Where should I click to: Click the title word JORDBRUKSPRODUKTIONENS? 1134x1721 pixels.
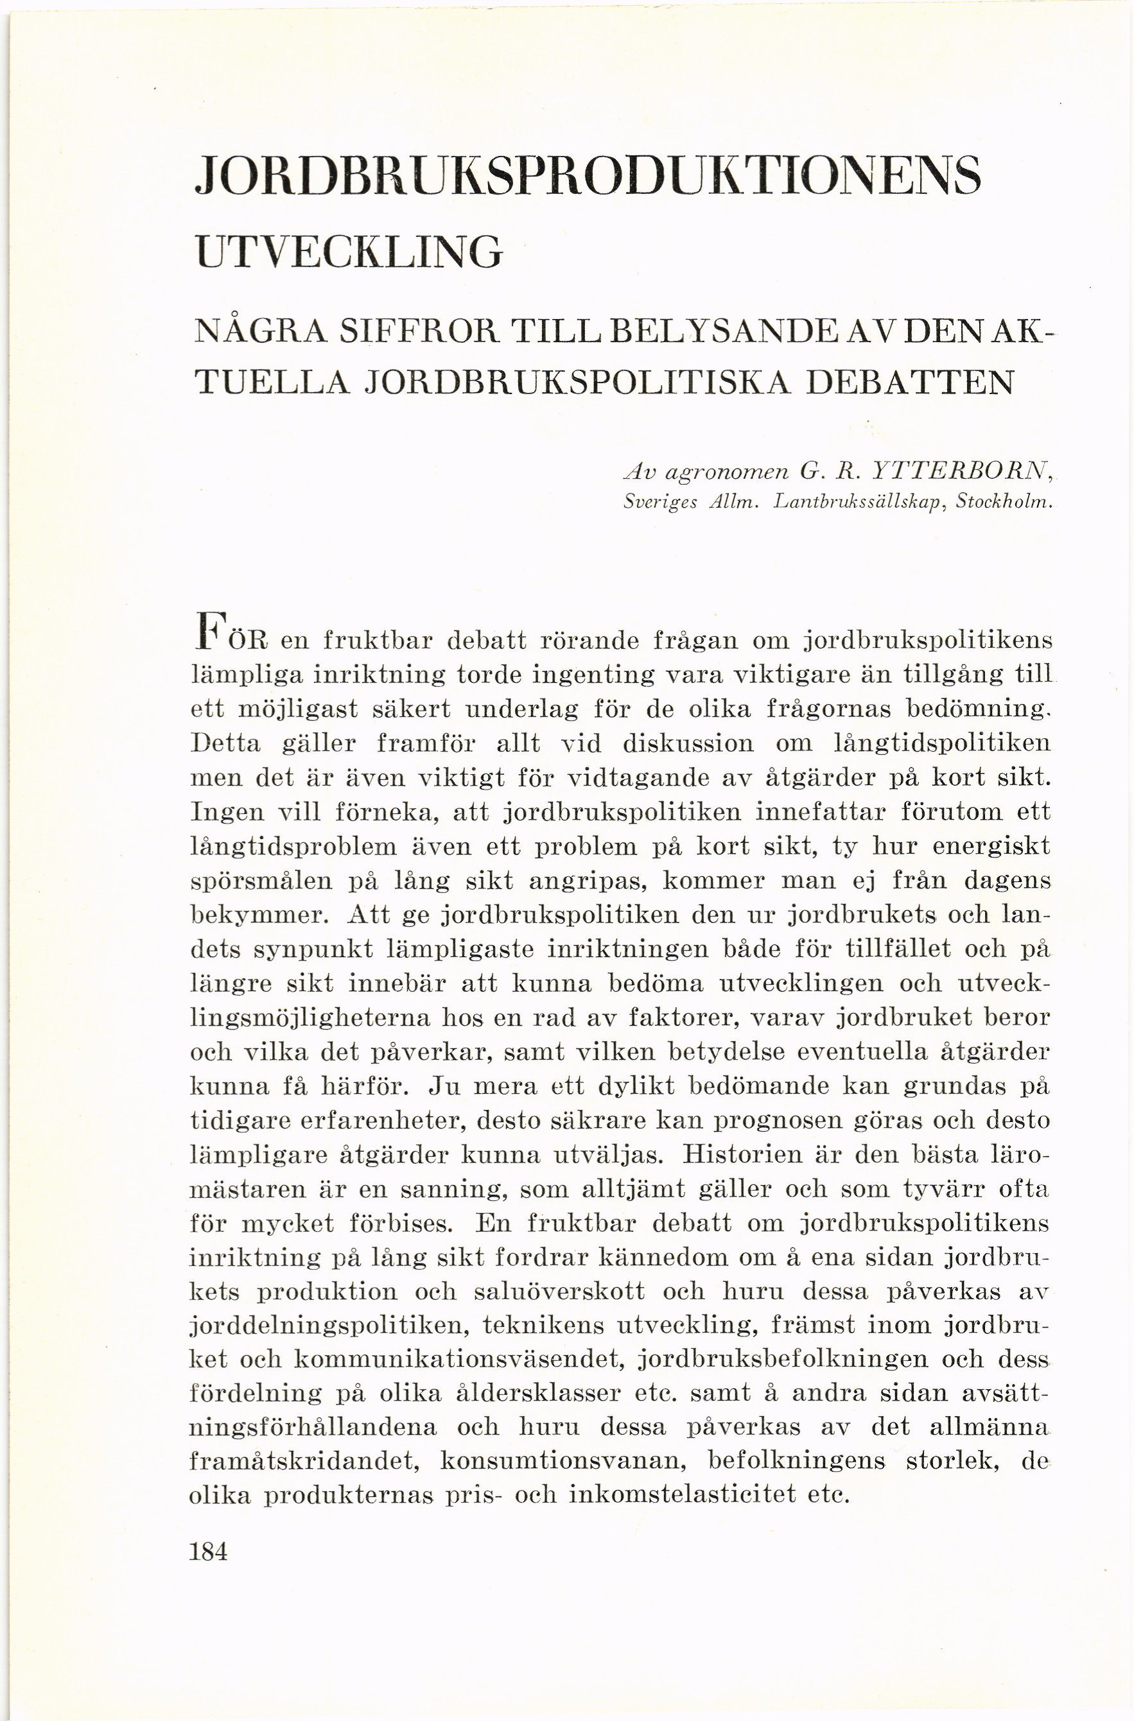[x=588, y=174]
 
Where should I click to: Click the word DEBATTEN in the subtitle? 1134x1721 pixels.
[x=909, y=381]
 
